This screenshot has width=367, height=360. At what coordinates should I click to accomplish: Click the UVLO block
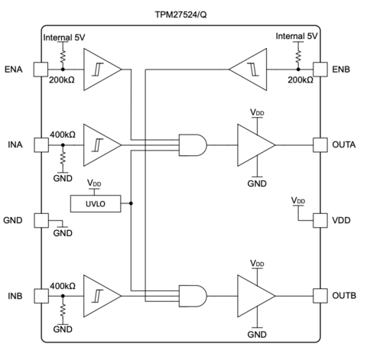(96, 203)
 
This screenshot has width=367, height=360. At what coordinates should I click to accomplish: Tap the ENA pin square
(41, 70)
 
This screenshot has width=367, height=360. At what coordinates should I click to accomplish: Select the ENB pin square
(320, 70)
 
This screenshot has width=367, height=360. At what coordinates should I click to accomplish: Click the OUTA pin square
(320, 145)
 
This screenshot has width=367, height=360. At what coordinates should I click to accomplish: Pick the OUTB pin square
(320, 296)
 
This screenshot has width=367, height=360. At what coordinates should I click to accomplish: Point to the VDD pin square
(320, 220)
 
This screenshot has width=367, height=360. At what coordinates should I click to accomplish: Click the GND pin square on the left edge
(41, 220)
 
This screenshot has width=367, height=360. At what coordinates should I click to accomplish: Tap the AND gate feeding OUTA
(193, 145)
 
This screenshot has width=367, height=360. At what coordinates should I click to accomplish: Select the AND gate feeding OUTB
(193, 296)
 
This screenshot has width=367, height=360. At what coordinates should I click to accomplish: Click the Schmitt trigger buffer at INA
(102, 145)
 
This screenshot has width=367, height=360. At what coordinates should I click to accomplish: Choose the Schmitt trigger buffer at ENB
(248, 70)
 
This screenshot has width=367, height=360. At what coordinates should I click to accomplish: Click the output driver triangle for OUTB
(256, 296)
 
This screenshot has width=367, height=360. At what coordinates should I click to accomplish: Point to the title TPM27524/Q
(180, 15)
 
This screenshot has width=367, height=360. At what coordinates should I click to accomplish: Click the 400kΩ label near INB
(63, 286)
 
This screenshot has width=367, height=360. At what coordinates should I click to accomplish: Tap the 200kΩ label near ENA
(62, 80)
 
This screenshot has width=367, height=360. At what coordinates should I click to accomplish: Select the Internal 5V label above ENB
(297, 36)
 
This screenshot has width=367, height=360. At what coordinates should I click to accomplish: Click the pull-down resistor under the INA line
(63, 158)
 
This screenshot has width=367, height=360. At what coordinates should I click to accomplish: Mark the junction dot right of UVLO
(131, 203)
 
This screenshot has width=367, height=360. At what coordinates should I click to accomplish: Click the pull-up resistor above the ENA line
(63, 56)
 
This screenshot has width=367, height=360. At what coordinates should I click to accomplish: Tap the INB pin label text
(15, 296)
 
